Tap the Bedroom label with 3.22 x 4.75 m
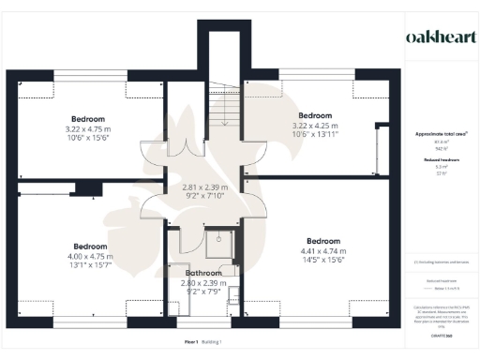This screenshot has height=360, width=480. [87, 119]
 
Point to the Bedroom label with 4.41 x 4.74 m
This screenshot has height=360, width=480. [322, 240]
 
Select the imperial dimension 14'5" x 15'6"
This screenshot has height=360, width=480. [322, 259]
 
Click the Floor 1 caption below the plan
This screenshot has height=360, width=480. [192, 344]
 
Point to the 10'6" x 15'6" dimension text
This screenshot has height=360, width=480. [87, 138]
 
